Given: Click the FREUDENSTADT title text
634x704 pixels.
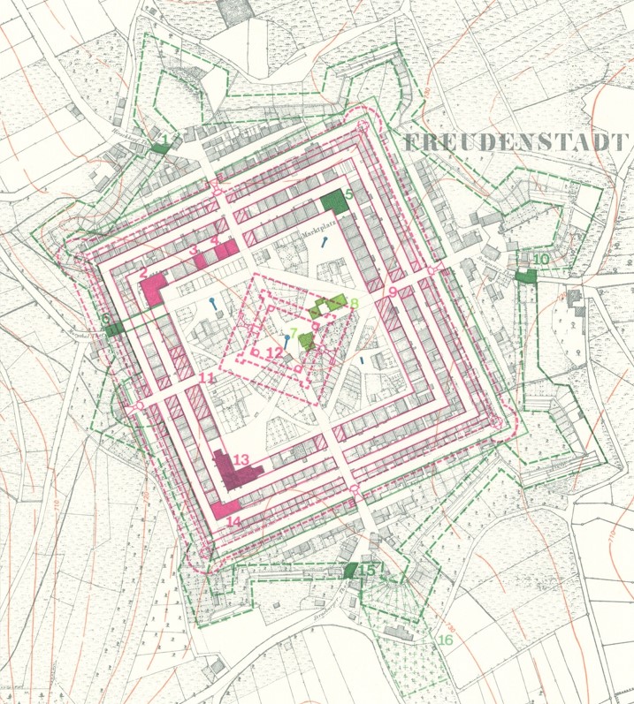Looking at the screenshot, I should (x=514, y=142).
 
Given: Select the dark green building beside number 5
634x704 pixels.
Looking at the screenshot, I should (x=334, y=202).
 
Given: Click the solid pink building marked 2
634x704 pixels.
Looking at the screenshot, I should (x=153, y=289).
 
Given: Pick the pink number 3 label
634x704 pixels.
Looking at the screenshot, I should (x=194, y=251).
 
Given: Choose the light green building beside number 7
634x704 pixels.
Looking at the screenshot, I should (x=306, y=340).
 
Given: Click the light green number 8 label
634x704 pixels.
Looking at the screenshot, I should (x=354, y=304).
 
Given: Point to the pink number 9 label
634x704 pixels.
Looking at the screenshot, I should (x=392, y=291).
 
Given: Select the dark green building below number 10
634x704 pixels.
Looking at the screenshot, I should (x=526, y=276).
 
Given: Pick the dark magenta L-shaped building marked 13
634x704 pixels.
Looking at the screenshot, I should (x=235, y=472).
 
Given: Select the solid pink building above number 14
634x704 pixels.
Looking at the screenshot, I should (x=225, y=509).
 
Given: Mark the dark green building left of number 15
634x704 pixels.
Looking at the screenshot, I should (x=351, y=570).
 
